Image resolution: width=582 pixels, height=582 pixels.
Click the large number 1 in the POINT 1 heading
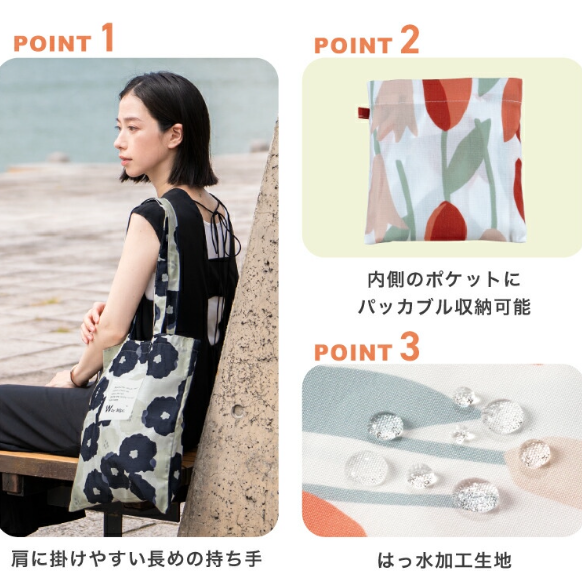click(x=106, y=38)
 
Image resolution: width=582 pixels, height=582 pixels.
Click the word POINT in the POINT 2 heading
click(x=353, y=46)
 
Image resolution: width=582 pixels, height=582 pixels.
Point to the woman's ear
click(x=175, y=135)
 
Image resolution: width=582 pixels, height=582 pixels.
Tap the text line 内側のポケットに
click(x=444, y=280)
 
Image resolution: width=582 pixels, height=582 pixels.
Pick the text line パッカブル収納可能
click(x=444, y=306)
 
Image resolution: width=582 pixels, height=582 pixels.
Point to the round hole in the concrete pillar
click(x=238, y=411)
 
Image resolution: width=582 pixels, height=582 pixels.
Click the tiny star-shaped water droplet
click(x=460, y=433)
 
